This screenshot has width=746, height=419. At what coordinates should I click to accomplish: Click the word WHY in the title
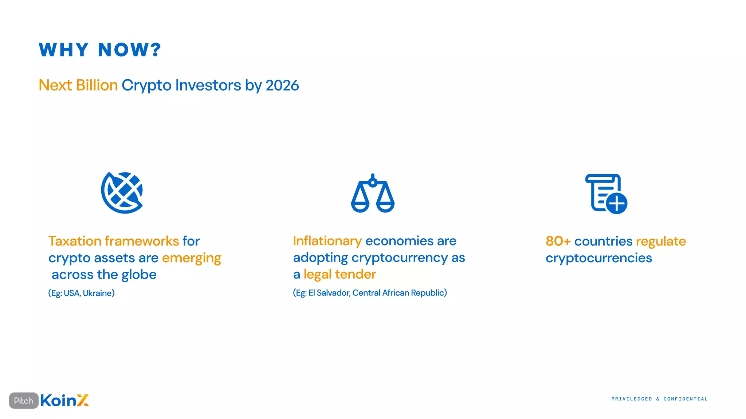64,50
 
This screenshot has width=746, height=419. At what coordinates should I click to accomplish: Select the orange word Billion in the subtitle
97,85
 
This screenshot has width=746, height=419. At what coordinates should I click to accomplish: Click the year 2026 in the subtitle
282,85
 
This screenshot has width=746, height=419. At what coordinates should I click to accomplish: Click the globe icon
122,193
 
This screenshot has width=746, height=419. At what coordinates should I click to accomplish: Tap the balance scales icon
373,194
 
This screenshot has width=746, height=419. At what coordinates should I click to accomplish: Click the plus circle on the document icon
617,203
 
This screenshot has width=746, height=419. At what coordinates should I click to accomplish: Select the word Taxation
75,241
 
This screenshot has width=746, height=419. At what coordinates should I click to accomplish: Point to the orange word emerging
192,258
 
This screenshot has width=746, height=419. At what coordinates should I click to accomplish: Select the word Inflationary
327,241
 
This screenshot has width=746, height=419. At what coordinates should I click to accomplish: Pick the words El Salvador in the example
329,293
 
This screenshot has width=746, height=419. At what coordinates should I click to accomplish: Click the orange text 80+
558,241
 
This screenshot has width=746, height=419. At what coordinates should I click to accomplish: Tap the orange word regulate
661,241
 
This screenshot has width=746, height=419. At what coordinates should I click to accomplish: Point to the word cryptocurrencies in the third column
598,258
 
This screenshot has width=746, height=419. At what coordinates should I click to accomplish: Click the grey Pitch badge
24,400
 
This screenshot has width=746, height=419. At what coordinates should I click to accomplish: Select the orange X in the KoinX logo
83,400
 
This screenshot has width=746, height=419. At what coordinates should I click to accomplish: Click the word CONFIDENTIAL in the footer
685,399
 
